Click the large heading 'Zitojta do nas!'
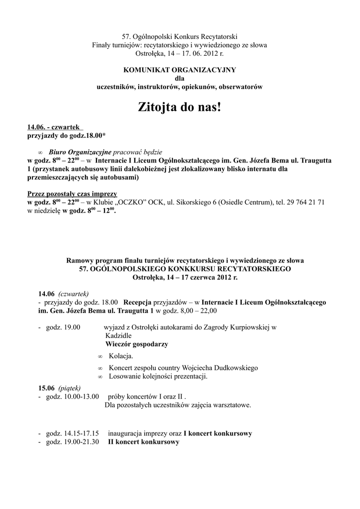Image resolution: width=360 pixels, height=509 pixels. (x=180, y=107)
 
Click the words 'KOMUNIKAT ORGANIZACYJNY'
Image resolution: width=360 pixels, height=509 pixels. (x=180, y=70)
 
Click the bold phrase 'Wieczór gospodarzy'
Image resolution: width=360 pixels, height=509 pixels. (x=136, y=344)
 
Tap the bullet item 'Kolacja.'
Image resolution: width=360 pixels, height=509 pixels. (x=121, y=356)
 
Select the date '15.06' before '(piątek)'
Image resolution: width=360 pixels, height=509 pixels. (x=46, y=388)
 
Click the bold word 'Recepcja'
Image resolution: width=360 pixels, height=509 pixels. (x=137, y=302)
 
